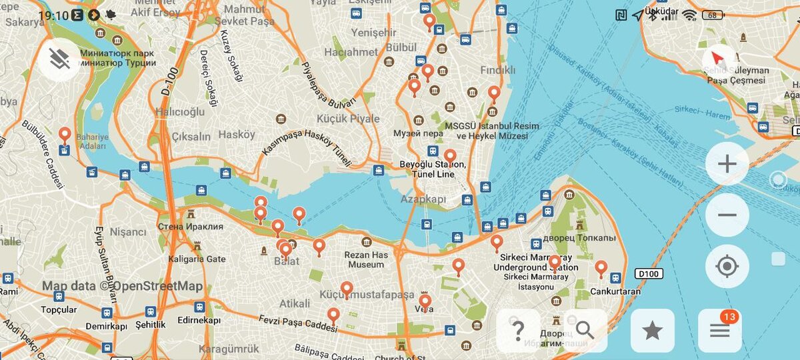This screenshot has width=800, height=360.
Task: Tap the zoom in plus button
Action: [727, 163]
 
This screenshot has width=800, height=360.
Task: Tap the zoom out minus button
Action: [727, 215]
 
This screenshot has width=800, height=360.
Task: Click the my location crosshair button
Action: [727, 267]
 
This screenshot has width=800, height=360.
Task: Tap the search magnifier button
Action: [585, 330]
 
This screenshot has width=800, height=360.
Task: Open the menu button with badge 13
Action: [720, 330]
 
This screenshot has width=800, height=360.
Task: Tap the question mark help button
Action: [518, 330]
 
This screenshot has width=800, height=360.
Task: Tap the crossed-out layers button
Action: [59, 59]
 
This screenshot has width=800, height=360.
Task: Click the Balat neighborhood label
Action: [287, 261]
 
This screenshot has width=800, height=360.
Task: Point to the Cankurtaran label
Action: [615, 291]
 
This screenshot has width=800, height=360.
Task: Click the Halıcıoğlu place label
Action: [180, 112]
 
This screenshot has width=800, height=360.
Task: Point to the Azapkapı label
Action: [422, 199]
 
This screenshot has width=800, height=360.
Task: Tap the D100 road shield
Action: [646, 273]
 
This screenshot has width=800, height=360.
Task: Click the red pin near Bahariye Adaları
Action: [65, 135]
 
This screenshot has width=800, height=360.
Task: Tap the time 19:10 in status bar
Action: [53, 15]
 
